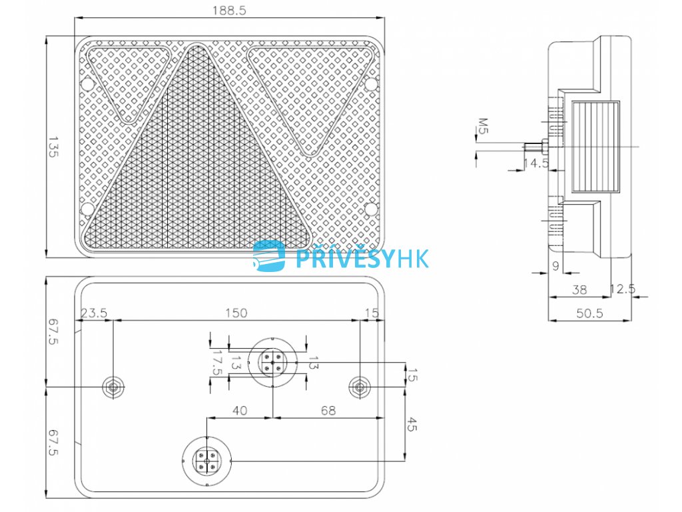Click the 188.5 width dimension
click(x=227, y=11)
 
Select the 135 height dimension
click(x=53, y=148)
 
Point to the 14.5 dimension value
click(x=535, y=163)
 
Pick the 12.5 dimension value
click(x=623, y=289)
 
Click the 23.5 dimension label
click(x=94, y=313)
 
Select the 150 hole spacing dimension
click(x=236, y=313)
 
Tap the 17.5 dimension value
click(x=216, y=363)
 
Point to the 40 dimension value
click(x=240, y=411)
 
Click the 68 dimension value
click(x=328, y=411)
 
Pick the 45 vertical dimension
click(x=412, y=424)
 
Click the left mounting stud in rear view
click(x=113, y=387)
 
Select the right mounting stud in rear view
click(x=360, y=387)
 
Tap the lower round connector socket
click(x=206, y=460)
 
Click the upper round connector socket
click(x=273, y=362)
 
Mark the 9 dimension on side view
click(x=555, y=265)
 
